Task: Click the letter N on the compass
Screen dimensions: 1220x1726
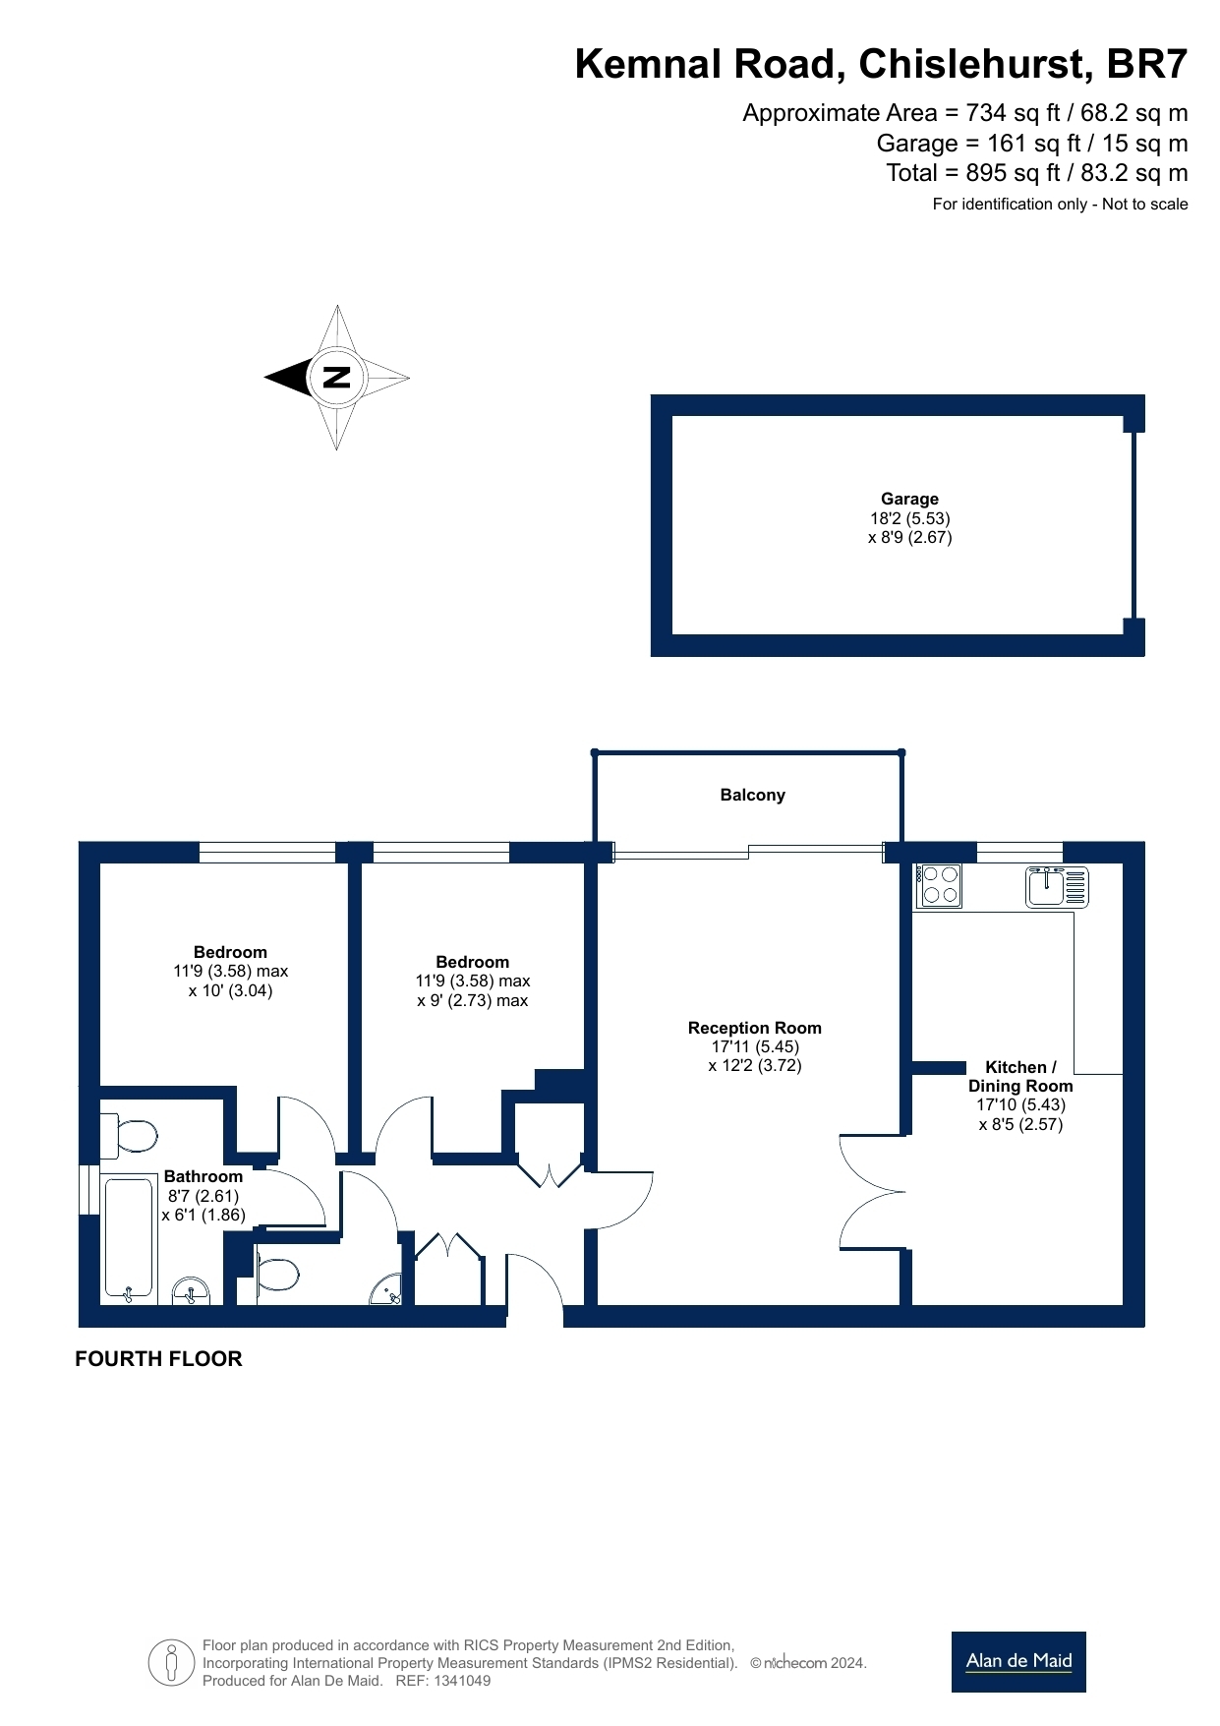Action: click(337, 377)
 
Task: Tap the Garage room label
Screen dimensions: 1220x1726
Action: click(909, 499)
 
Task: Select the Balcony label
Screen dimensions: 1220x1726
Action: click(752, 795)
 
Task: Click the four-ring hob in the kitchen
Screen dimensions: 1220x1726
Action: click(939, 885)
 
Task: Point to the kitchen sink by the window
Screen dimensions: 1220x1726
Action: click(1057, 885)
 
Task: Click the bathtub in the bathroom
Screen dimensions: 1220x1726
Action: click(129, 1237)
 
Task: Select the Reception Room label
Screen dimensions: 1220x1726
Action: click(755, 1028)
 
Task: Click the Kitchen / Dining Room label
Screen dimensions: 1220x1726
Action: click(1020, 1076)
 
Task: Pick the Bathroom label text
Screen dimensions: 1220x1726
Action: click(203, 1176)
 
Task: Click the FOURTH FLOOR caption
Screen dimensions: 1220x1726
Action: click(158, 1358)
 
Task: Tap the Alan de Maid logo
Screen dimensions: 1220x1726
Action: click(1018, 1661)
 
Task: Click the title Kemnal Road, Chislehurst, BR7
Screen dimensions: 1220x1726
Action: click(881, 64)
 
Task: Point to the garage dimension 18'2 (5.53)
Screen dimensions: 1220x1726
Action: click(909, 518)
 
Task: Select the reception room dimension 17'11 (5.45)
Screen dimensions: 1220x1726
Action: click(755, 1046)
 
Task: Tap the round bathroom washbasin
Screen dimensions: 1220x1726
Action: click(191, 1290)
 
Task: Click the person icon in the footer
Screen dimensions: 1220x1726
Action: click(172, 1663)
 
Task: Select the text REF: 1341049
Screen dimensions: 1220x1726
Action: click(442, 1681)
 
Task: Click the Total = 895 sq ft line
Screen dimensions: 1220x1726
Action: click(1037, 173)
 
